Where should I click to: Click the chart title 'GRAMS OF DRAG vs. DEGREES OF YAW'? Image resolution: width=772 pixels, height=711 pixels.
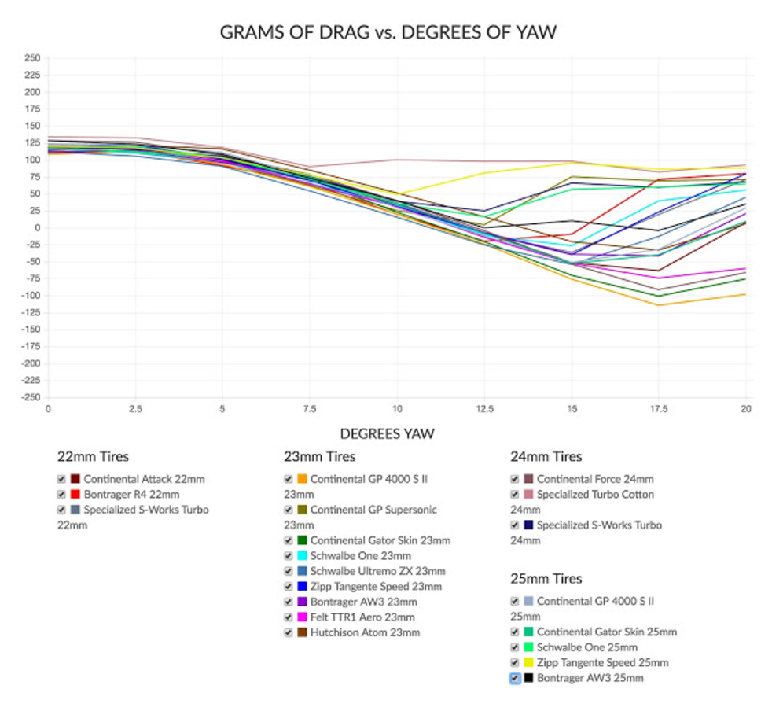[388, 32]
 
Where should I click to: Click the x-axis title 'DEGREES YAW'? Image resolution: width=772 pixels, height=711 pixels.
[387, 433]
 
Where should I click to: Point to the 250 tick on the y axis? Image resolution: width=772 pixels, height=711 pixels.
[32, 58]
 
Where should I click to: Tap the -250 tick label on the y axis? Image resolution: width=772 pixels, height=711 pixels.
[30, 398]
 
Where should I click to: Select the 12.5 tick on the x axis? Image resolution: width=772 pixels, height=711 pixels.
[484, 410]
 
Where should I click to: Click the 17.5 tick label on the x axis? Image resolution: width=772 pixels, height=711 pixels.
[659, 410]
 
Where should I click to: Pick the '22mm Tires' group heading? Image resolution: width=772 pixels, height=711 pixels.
[93, 456]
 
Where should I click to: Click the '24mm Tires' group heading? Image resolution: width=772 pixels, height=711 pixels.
[546, 456]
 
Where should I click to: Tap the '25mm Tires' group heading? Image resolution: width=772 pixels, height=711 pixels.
[546, 579]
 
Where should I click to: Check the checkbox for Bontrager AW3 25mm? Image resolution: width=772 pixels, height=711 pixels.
[515, 678]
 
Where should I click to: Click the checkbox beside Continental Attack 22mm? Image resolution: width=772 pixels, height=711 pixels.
[61, 479]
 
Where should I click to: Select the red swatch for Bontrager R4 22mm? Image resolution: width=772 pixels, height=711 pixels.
[75, 495]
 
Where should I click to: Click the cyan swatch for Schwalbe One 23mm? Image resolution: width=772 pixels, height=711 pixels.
[302, 556]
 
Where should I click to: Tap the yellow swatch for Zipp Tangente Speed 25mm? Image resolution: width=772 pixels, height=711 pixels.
[528, 663]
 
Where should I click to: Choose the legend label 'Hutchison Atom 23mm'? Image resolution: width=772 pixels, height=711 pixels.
[365, 632]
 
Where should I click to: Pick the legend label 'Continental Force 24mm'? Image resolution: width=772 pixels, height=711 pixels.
[595, 479]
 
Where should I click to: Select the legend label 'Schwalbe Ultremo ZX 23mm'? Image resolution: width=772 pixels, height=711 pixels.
[377, 571]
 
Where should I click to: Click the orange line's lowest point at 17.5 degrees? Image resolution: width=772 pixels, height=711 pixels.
[659, 305]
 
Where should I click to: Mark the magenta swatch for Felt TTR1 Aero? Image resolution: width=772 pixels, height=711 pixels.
[302, 617]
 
